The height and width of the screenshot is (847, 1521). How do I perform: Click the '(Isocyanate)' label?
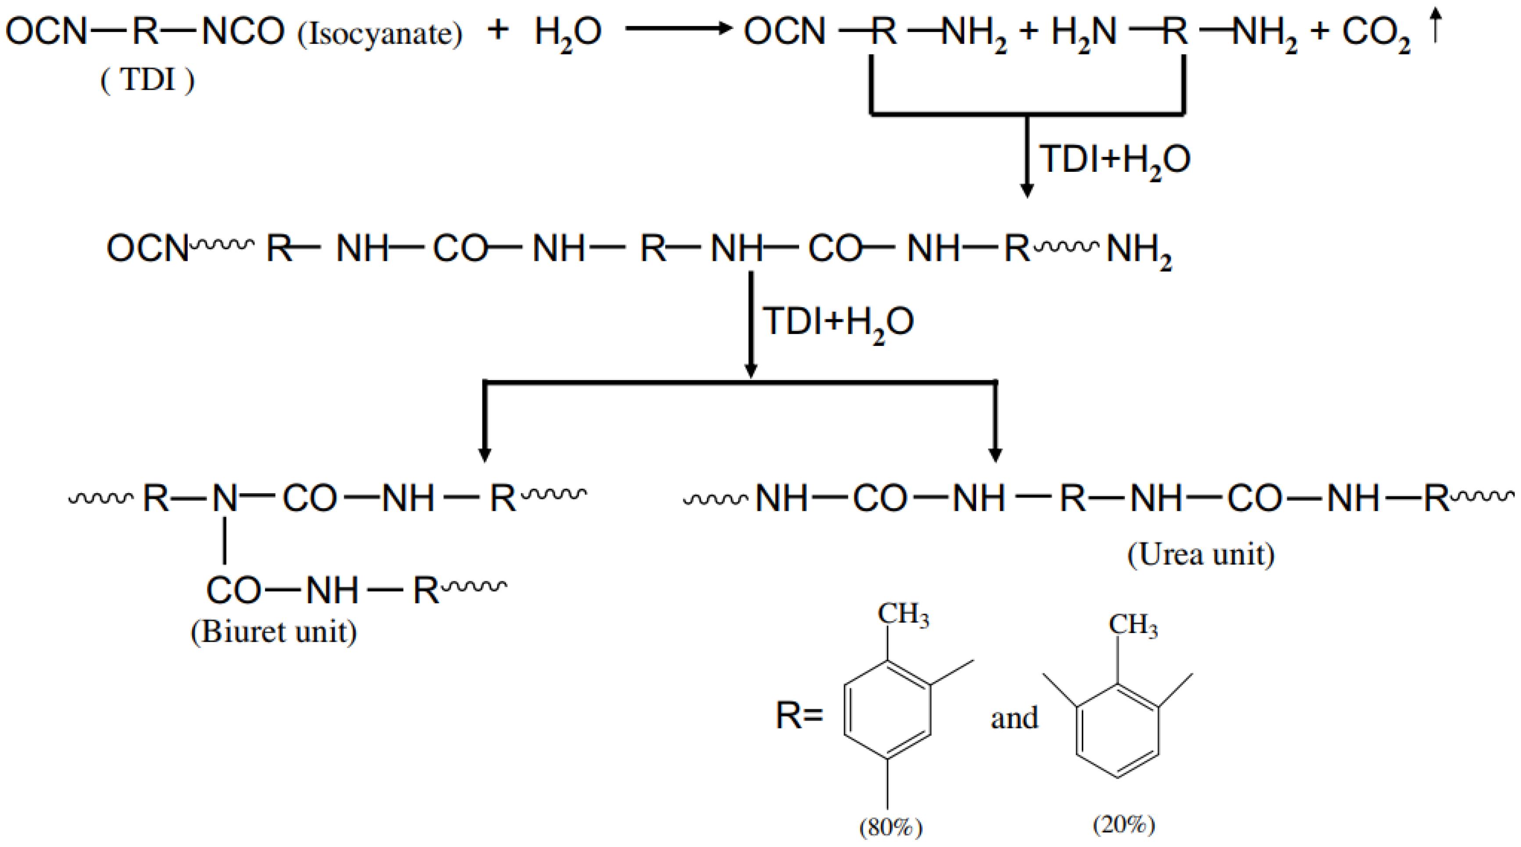(380, 34)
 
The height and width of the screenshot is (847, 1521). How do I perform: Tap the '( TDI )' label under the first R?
(148, 80)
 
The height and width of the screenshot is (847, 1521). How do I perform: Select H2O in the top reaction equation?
(568, 33)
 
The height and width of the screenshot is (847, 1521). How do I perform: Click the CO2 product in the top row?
(1376, 33)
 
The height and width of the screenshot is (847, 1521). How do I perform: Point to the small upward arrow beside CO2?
(1435, 27)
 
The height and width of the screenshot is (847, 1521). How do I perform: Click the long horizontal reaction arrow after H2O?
(678, 28)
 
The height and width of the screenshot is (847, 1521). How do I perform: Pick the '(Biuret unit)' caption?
(273, 632)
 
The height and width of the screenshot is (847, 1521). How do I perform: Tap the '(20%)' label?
(1124, 824)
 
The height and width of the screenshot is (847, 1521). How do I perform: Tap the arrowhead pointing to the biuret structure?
(485, 455)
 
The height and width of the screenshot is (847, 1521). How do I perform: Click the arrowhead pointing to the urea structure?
(996, 455)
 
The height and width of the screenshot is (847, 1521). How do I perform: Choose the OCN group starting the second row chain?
(147, 249)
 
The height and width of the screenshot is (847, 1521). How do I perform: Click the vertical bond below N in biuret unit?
(225, 540)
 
